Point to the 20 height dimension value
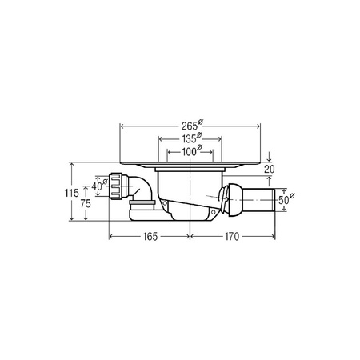point(269,169)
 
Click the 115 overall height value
point(72,193)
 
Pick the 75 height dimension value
point(86,204)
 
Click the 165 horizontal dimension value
point(150,237)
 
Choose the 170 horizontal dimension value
point(232,237)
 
